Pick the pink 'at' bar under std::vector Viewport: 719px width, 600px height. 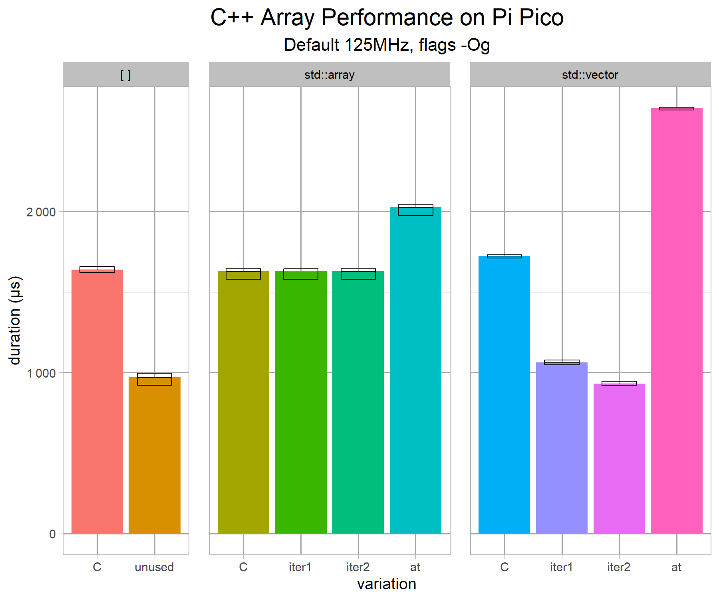click(676, 320)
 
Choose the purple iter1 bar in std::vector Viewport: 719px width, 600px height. click(562, 448)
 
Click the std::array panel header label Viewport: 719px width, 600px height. click(329, 75)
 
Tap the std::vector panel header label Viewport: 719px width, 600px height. click(590, 75)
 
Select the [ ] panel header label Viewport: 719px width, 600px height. click(125, 75)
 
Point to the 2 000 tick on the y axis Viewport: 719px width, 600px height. click(41, 212)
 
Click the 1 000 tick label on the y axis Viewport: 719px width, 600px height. click(41, 373)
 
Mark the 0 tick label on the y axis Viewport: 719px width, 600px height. click(52, 534)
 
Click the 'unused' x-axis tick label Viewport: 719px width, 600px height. click(154, 567)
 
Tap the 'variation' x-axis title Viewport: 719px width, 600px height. click(387, 584)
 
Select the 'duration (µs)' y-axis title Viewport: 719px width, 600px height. click(15, 320)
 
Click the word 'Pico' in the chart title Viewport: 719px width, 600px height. click(541, 18)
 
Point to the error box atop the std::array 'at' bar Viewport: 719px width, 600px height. click(415, 210)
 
